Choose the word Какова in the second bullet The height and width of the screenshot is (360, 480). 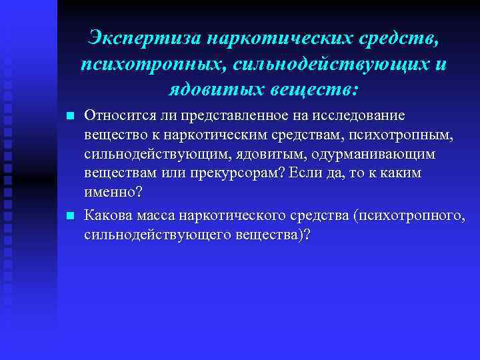point(105,216)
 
